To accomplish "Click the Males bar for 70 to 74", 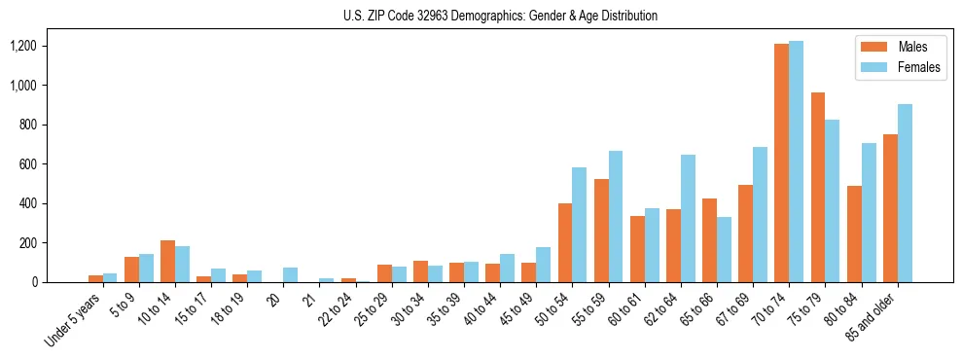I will point(781,162).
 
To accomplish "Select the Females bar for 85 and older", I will point(904,193).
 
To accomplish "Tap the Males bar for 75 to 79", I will point(817,187).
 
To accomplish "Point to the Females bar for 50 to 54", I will point(580,225).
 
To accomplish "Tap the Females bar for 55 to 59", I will point(616,216).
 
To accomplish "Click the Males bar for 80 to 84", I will point(853,234).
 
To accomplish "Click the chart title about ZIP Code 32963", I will point(500,16).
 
